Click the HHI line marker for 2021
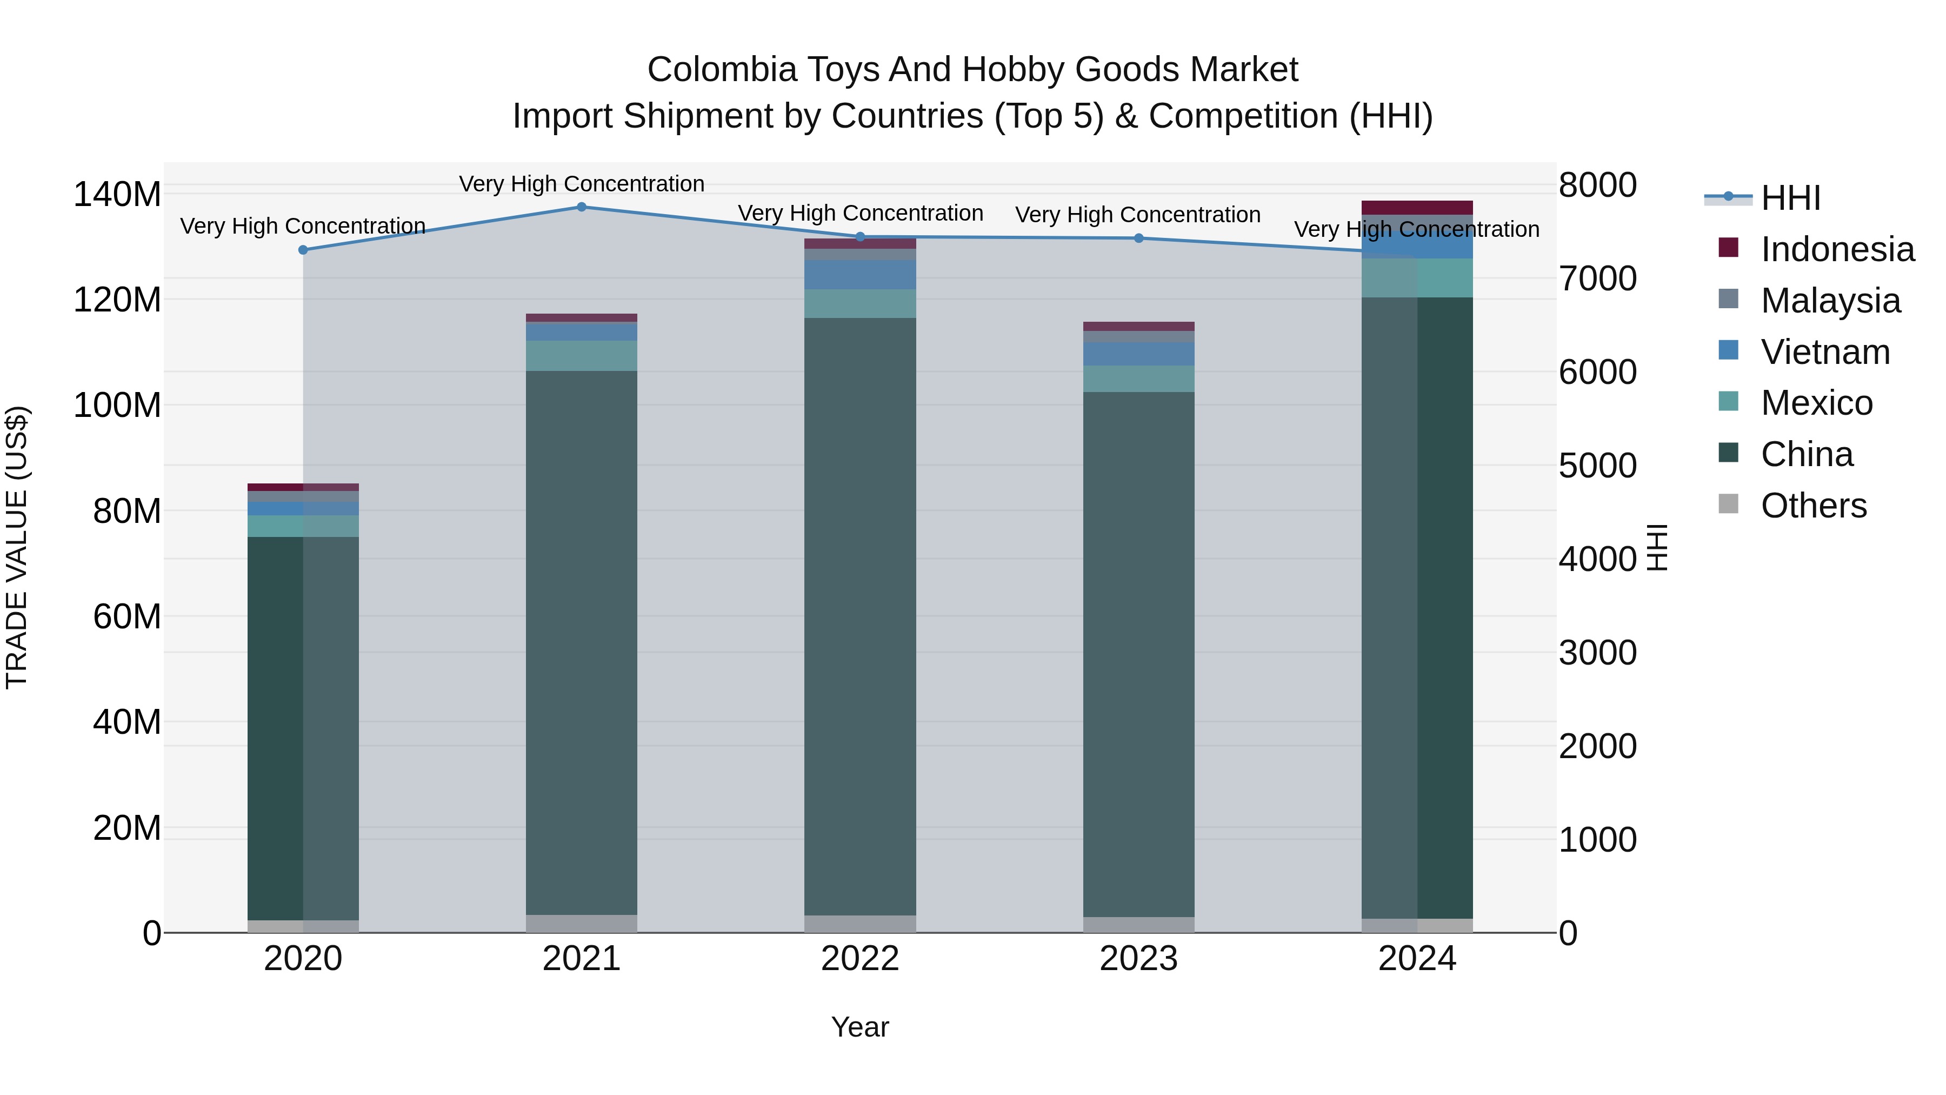(x=581, y=207)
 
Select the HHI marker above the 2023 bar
(x=1138, y=238)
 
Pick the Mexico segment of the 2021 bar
(x=581, y=355)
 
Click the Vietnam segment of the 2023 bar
(x=1138, y=354)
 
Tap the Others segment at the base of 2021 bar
(x=581, y=924)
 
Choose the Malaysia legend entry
(x=1830, y=300)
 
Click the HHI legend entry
(x=1790, y=198)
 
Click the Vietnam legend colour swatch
(x=1728, y=350)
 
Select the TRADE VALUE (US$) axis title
(x=17, y=547)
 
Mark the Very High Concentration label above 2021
(x=581, y=184)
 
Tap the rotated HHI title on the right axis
(x=1656, y=547)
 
